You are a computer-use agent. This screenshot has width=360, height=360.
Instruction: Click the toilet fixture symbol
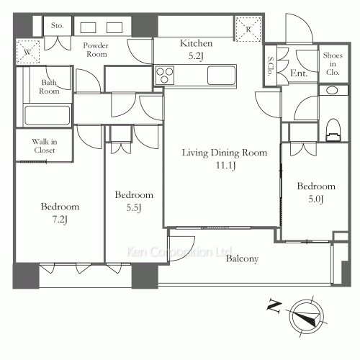(x=333, y=130)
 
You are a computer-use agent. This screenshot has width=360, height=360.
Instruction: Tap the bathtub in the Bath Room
(x=48, y=115)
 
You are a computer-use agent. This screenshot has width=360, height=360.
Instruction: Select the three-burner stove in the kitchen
(x=164, y=76)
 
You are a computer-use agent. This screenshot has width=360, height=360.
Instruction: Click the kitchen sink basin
(x=221, y=76)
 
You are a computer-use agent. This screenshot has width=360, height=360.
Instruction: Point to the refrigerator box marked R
(x=248, y=29)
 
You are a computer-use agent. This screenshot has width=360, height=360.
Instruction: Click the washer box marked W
(x=28, y=52)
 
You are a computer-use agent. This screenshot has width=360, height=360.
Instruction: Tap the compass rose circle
(x=306, y=315)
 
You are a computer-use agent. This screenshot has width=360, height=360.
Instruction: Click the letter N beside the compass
(x=274, y=305)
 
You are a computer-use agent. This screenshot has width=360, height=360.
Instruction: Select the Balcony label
(x=242, y=258)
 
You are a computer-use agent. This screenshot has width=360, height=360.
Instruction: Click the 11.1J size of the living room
(x=226, y=166)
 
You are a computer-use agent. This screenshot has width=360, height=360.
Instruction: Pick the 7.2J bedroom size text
(x=60, y=220)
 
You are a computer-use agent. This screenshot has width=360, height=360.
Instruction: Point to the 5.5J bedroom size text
(x=134, y=207)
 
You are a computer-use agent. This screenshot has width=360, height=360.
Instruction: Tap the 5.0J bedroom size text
(x=316, y=199)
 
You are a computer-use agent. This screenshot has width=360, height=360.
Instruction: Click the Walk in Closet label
(x=45, y=146)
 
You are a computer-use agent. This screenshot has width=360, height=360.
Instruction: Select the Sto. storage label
(x=58, y=25)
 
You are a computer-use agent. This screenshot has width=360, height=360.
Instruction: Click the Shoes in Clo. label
(x=333, y=64)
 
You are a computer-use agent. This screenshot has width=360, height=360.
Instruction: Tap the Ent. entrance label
(x=299, y=73)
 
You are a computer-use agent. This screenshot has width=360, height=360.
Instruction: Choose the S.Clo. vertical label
(x=271, y=66)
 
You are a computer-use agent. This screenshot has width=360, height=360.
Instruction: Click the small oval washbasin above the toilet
(x=332, y=91)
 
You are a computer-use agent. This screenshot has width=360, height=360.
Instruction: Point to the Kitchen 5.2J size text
(x=196, y=56)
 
